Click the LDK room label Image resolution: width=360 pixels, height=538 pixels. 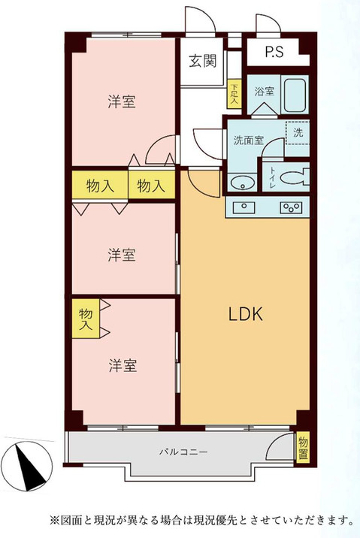pos(245,316)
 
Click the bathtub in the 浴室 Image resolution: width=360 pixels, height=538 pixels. pos(293,94)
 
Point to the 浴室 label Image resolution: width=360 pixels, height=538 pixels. pos(263,92)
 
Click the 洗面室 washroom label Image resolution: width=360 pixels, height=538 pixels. pos(247,139)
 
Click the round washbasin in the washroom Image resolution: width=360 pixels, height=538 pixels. pos(242,183)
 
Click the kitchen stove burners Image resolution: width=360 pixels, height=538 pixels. pos(290,207)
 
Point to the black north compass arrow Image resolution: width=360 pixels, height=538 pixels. pos(32,464)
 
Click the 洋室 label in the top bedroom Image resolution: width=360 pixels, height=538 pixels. pos(121,102)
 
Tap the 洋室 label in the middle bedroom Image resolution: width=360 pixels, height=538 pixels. pos(121,255)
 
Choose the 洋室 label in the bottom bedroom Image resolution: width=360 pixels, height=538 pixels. pos(121,366)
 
